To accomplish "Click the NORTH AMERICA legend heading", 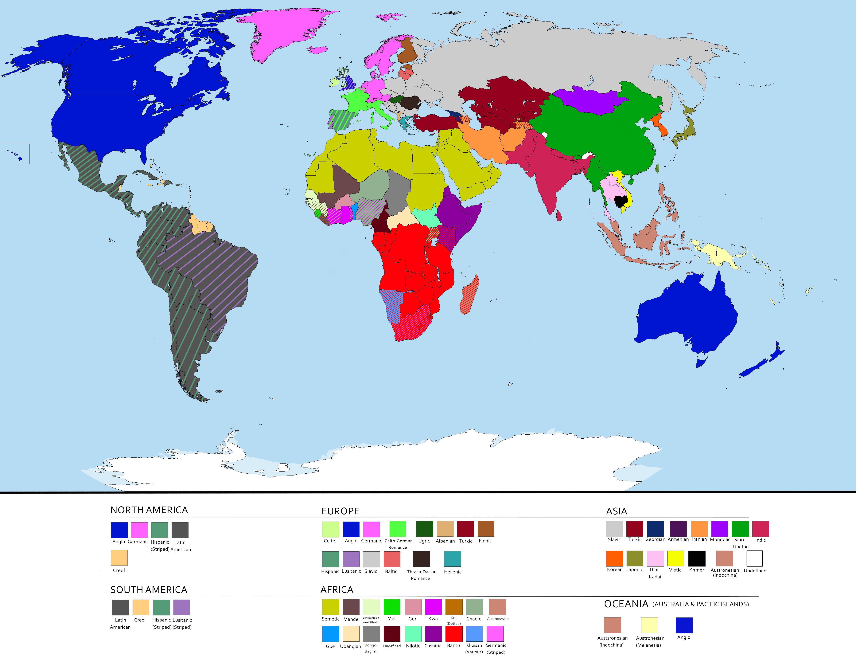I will [149, 510].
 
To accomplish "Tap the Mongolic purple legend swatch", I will [720, 529].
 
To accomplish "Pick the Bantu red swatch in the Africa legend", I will [454, 634].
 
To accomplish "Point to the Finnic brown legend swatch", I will [486, 529].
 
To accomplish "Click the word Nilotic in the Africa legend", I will [413, 646].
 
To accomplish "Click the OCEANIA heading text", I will [626, 604].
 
